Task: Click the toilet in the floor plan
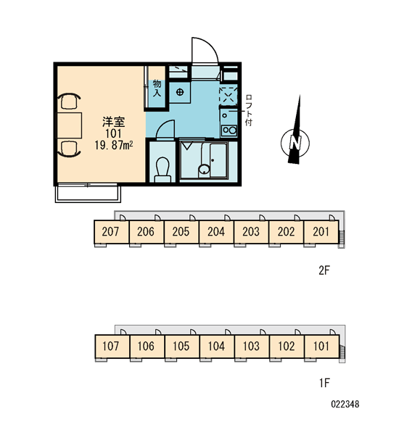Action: tap(163, 170)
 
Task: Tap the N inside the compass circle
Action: tap(295, 143)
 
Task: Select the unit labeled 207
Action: tap(111, 232)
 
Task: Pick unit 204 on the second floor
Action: tap(216, 232)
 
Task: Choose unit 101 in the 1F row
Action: tap(321, 347)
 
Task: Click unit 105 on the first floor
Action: tap(181, 347)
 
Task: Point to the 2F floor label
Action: tap(324, 270)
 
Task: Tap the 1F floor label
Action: tap(324, 383)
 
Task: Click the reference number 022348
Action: tap(345, 405)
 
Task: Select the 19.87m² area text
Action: tap(114, 145)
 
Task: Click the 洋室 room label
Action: tap(114, 122)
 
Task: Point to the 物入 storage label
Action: tap(157, 88)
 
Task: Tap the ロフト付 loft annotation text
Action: tap(249, 110)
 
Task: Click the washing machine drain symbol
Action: tap(180, 92)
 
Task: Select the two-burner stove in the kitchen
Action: tap(229, 130)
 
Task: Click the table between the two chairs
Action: tap(70, 125)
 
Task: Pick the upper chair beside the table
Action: tap(69, 101)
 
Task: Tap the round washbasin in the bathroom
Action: tap(204, 170)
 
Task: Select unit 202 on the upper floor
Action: tap(287, 232)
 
